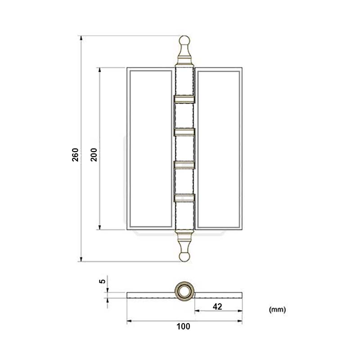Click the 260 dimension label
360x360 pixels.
click(75, 154)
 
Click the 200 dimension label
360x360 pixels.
click(94, 154)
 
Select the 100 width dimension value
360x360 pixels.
click(184, 327)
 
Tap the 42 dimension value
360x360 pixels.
click(217, 306)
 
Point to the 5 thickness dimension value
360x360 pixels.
click(103, 281)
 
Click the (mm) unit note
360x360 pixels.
click(277, 310)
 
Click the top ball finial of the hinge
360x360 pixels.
click(184, 42)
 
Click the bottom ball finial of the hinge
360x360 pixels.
click(184, 256)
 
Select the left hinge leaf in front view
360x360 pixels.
click(150, 149)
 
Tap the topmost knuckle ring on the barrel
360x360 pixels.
click(184, 99)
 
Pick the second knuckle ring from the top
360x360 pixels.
click(184, 131)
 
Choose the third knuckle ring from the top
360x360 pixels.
click(184, 164)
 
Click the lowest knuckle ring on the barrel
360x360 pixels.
click(184, 197)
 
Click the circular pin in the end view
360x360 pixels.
click(184, 291)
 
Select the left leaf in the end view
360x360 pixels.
click(151, 295)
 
